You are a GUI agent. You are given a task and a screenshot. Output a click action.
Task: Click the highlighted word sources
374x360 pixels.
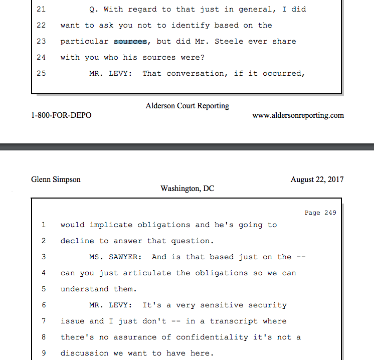pos(130,41)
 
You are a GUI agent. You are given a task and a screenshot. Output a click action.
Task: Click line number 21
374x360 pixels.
pos(41,9)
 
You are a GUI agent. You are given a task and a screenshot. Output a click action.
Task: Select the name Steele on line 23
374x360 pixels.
pos(229,41)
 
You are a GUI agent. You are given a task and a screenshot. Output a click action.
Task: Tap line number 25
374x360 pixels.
pos(41,73)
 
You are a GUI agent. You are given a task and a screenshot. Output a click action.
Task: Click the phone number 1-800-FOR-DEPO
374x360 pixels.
pos(61,115)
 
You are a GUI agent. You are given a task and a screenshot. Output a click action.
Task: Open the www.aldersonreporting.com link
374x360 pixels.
pos(298,115)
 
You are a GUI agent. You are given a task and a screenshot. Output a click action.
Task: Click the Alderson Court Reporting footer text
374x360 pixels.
pos(187,106)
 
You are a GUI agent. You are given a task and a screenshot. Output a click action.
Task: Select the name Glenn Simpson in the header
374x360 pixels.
pos(56,179)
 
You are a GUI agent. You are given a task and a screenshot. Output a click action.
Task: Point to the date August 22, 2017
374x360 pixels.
pos(317,179)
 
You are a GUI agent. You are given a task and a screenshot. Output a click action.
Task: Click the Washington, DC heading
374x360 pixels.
pos(187,189)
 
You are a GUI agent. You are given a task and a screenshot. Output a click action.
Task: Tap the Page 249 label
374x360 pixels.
pos(320,213)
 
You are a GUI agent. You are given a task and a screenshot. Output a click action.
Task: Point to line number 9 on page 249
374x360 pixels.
pos(44,353)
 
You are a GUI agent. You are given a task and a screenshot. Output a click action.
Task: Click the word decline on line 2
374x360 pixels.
pos(77,241)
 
